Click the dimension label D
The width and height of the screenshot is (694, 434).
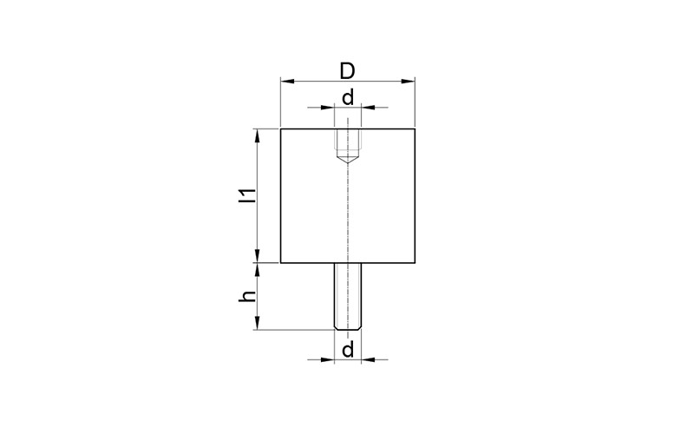348,71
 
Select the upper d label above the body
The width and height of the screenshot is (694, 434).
349,97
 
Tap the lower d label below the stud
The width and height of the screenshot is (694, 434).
349,350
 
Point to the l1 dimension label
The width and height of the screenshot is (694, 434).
248,196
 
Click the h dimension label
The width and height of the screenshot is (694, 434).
248,296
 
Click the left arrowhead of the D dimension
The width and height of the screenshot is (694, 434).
288,81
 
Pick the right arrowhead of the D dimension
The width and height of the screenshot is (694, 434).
408,81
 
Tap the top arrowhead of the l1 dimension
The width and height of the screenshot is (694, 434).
257,136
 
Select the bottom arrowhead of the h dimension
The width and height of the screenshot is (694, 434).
257,323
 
